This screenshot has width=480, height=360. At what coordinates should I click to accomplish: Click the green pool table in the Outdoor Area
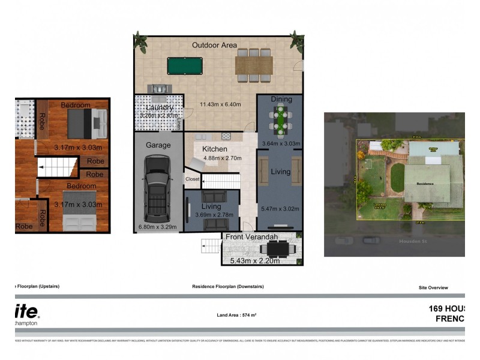click(185, 65)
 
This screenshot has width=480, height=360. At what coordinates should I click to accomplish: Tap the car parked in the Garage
click(157, 187)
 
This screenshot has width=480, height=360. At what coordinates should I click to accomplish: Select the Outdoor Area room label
click(214, 45)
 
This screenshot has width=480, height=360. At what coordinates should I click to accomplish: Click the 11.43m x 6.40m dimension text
click(220, 104)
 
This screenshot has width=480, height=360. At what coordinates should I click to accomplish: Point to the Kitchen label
click(214, 149)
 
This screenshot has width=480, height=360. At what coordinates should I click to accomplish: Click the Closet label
click(193, 179)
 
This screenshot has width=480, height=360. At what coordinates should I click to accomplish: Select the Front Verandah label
click(251, 237)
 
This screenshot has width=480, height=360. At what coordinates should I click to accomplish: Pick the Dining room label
click(281, 99)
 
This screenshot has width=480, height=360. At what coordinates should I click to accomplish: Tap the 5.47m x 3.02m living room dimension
click(280, 209)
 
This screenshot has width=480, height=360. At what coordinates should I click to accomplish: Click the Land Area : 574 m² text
click(236, 315)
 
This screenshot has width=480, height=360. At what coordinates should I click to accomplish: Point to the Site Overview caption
click(433, 287)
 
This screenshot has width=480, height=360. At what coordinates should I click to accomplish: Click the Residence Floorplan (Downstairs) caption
click(227, 287)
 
